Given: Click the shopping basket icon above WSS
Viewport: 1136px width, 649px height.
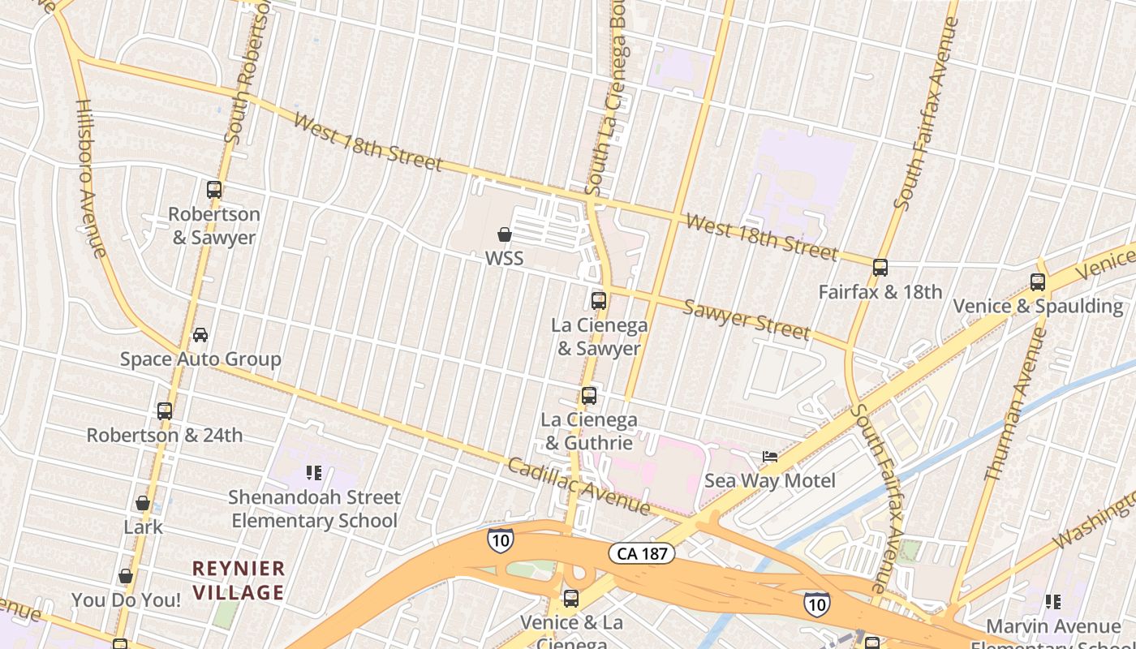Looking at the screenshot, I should pos(505,235).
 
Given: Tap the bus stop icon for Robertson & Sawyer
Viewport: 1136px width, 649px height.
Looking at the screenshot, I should pos(214,190).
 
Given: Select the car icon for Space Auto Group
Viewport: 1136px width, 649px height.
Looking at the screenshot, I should pos(200,335).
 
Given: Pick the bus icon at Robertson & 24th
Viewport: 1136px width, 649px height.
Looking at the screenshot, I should pos(165,411).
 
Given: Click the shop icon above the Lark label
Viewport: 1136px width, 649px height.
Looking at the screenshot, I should pos(143,503).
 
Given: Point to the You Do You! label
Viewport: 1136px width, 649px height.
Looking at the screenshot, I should pos(126,600).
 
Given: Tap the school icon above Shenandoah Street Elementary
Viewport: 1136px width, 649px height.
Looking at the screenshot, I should pos(314,473).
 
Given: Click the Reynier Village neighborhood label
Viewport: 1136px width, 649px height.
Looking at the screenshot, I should pos(239,580).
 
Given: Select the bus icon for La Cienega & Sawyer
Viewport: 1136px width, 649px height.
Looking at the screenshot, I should pos(599,301).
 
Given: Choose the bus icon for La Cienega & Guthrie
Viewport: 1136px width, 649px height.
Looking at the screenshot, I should pos(589,397).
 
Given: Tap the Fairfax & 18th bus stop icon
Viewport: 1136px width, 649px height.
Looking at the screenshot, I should pos(880,268).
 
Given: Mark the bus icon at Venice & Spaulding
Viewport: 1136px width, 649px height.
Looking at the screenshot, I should pos(1038,282).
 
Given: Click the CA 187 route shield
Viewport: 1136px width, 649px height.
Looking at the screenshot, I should pos(642,554).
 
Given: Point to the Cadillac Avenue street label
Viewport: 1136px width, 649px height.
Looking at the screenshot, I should pos(579,486).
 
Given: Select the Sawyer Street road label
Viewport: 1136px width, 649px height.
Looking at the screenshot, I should pos(747,319).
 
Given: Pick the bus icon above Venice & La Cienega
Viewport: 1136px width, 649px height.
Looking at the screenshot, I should pos(571,600).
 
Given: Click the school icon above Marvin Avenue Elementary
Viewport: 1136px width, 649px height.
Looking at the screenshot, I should pos(1053,602).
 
